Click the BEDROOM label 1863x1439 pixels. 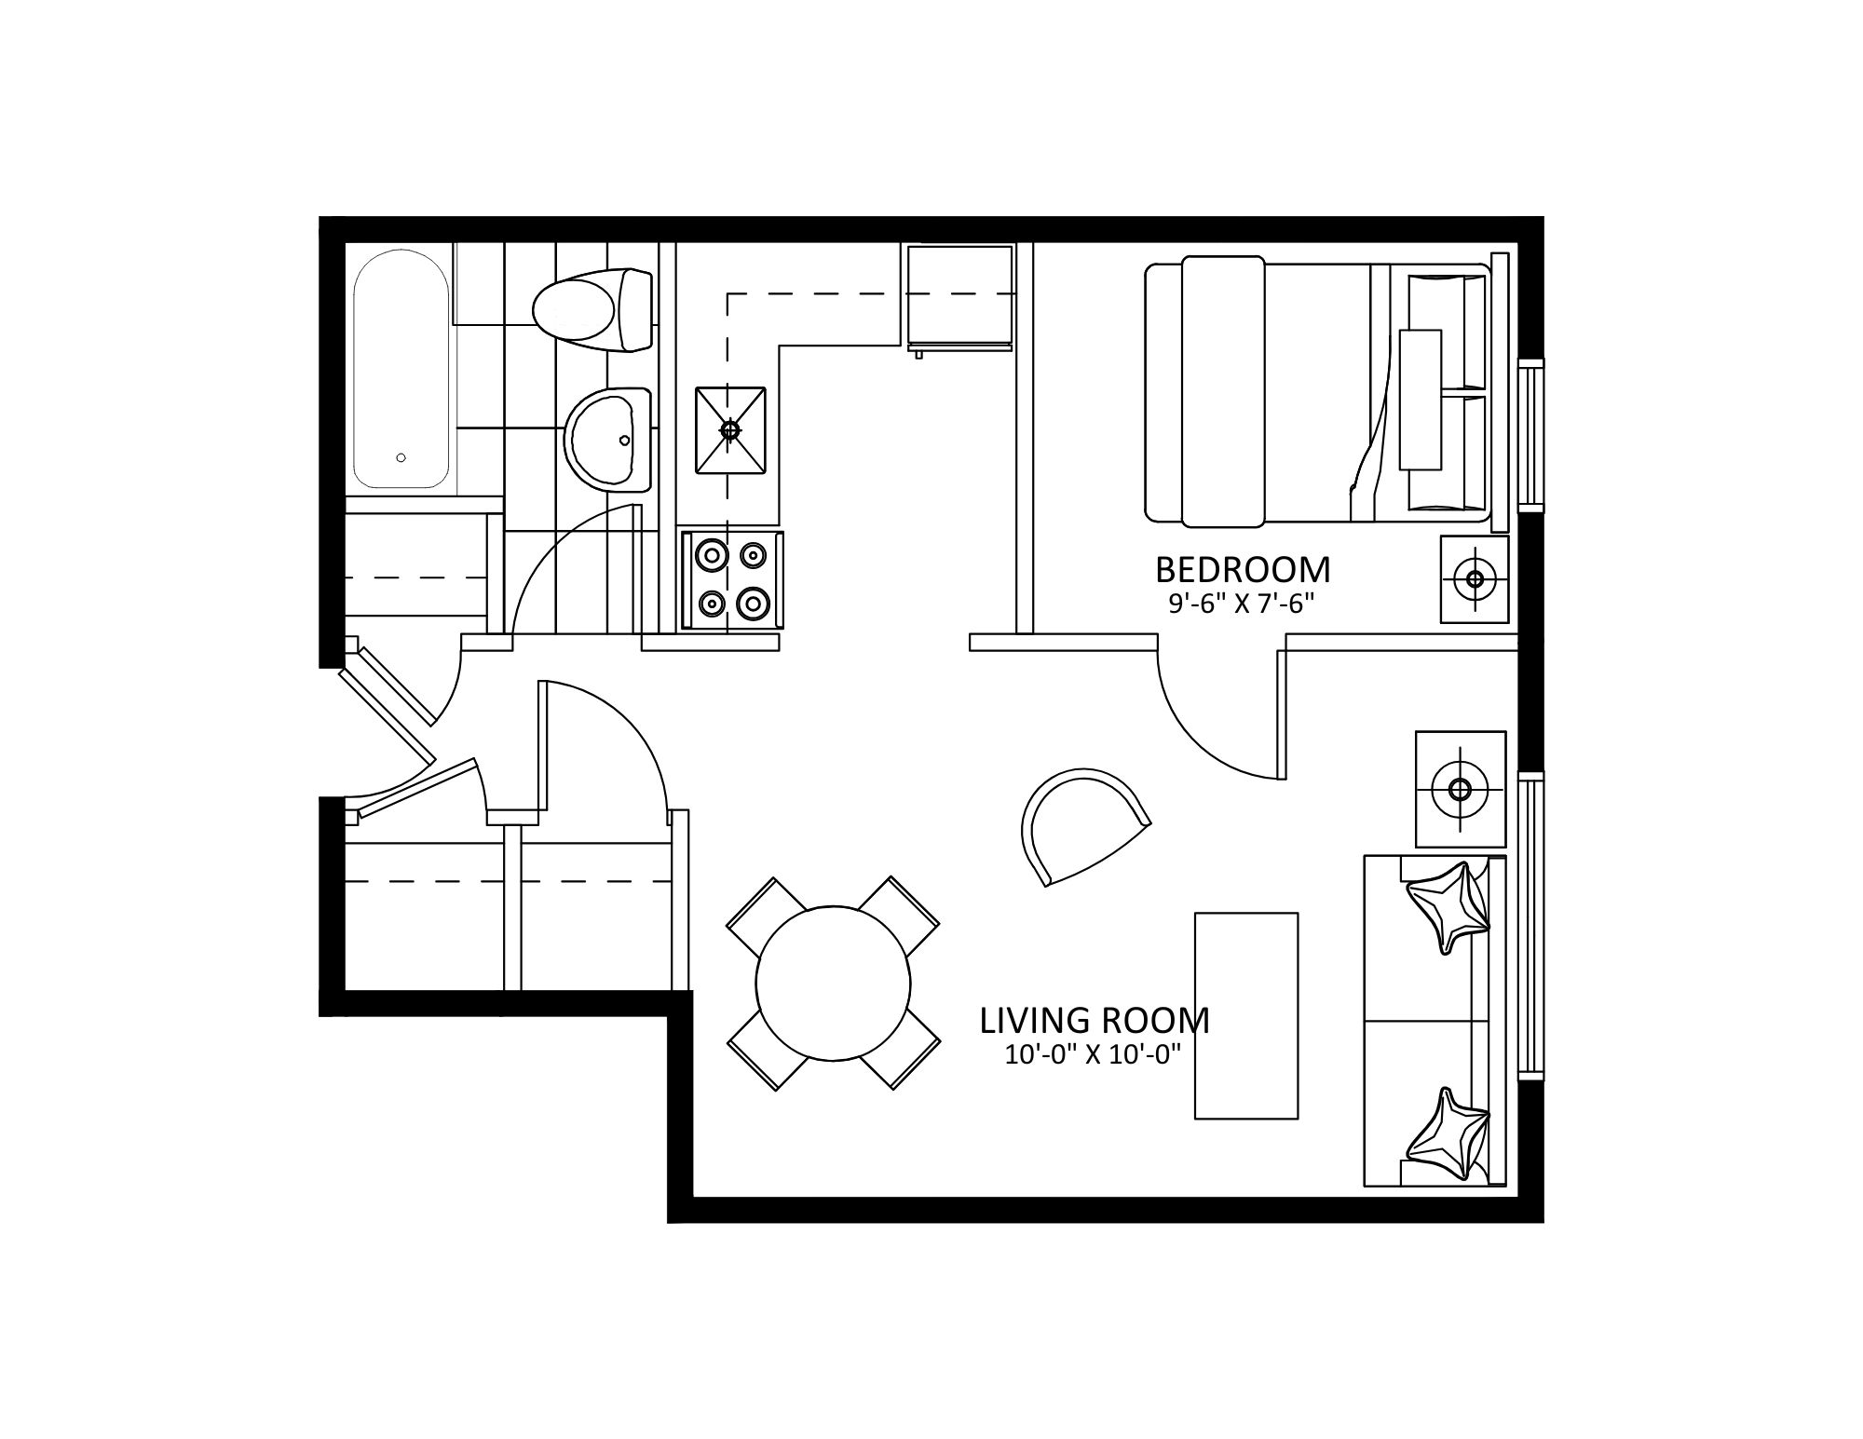[x=1243, y=569]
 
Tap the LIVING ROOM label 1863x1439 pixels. [x=1095, y=1021]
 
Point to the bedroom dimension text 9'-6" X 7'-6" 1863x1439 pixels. [x=1242, y=604]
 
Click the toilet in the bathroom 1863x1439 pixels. [x=592, y=309]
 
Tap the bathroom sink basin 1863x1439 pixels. [x=607, y=440]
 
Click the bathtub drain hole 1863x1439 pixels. [x=401, y=457]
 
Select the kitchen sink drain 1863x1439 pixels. [x=730, y=429]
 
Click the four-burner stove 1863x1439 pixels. [x=732, y=580]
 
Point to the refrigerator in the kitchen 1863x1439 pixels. [x=960, y=299]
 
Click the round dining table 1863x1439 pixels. [x=833, y=984]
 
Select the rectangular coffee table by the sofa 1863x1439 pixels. [x=1246, y=1015]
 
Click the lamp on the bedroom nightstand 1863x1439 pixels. [x=1475, y=579]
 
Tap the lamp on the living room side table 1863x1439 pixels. [x=1461, y=790]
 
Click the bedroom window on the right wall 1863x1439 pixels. [x=1531, y=435]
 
